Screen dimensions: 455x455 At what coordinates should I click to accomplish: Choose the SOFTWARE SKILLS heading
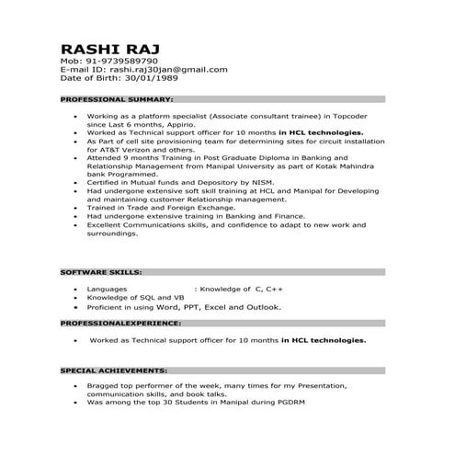click(100, 273)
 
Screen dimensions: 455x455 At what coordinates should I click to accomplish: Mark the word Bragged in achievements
click(104, 386)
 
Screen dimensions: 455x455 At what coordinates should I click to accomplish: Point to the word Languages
click(108, 289)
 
